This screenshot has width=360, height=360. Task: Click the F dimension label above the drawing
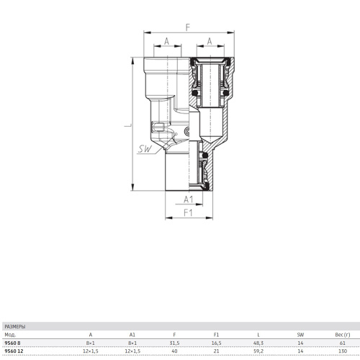(x=188, y=27)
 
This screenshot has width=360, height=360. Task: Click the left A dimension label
(x=166, y=41)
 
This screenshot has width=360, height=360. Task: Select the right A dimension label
(x=210, y=41)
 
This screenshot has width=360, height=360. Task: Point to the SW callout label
(x=145, y=149)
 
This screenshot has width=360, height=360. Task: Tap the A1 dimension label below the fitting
(x=189, y=199)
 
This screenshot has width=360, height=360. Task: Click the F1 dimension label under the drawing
(x=188, y=212)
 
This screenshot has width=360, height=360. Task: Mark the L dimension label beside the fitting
(x=128, y=125)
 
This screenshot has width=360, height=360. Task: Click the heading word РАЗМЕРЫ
(x=15, y=327)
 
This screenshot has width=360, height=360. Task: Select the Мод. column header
(x=10, y=335)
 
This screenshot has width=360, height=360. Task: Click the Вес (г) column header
(x=343, y=335)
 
